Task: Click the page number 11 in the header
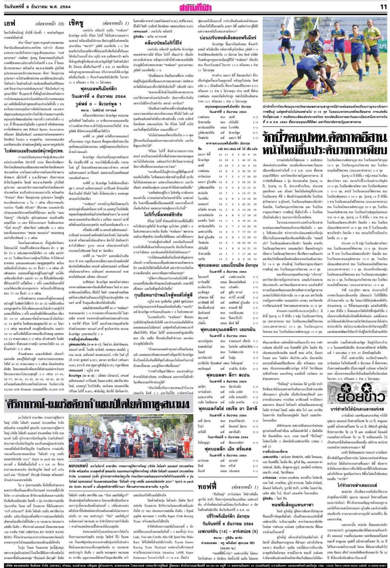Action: pyautogui.click(x=383, y=6)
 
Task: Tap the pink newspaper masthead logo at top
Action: pyautogui.click(x=195, y=7)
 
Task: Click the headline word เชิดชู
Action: pyautogui.click(x=77, y=23)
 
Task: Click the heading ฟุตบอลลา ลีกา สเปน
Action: pyautogui.click(x=227, y=373)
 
